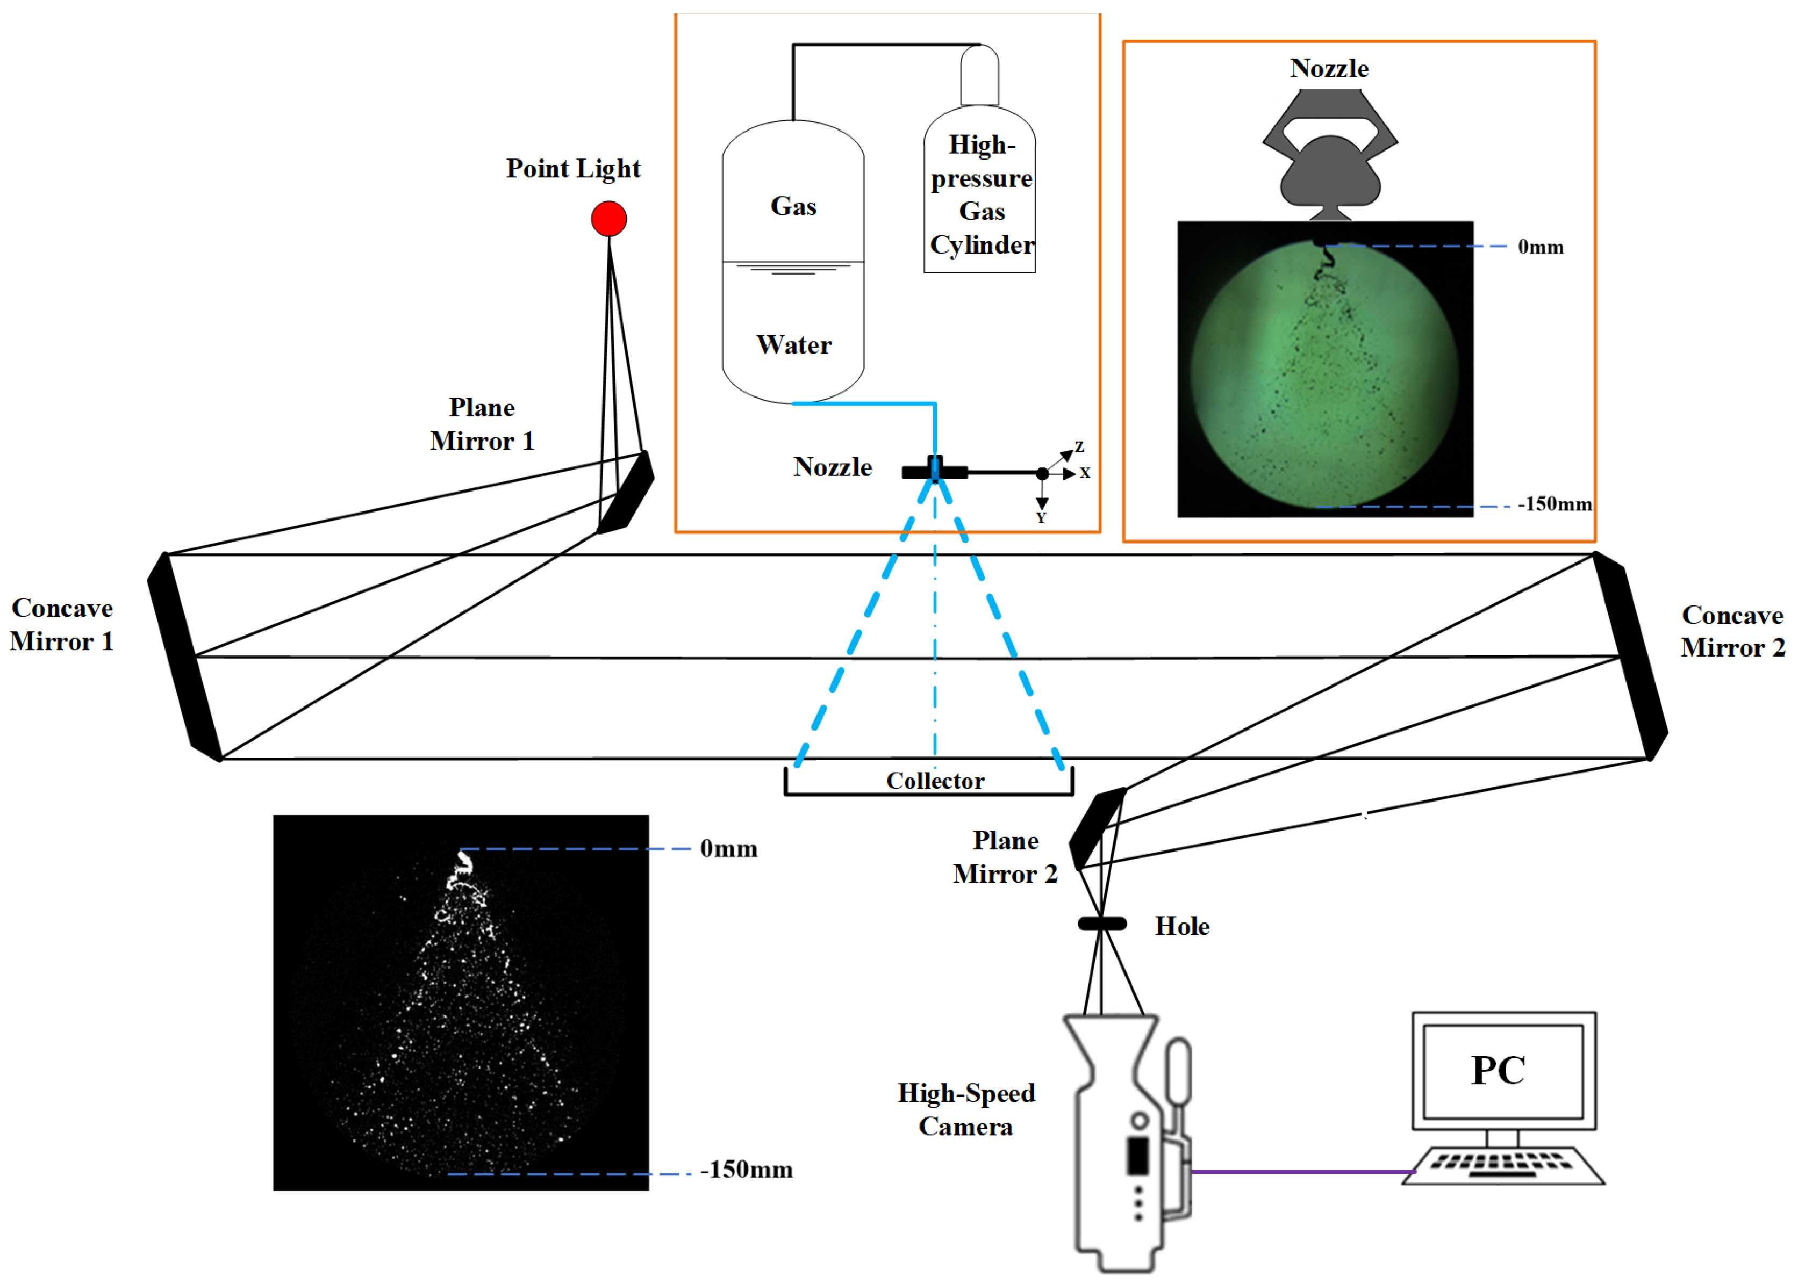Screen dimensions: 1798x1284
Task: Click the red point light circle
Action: point(608,219)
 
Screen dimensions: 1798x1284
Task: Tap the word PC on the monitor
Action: point(1498,1071)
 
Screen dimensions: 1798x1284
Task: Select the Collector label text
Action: point(935,781)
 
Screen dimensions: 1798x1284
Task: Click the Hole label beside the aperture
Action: point(1182,926)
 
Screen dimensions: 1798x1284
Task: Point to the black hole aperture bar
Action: point(1102,924)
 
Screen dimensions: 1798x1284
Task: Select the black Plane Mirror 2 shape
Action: point(1097,828)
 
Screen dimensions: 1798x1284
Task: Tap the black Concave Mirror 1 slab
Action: point(184,656)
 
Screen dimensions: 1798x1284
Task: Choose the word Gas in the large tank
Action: point(793,206)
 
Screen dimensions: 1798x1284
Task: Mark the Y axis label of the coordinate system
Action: point(1041,518)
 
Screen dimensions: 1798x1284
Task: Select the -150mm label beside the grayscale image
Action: point(746,1170)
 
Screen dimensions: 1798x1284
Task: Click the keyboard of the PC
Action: point(1502,1165)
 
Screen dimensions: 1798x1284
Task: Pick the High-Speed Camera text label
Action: point(966,1109)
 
